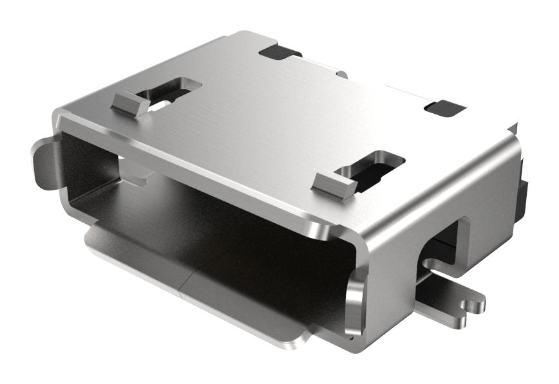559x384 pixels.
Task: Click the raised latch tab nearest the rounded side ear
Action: pyautogui.click(x=131, y=103)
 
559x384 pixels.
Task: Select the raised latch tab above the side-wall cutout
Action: pyautogui.click(x=334, y=185)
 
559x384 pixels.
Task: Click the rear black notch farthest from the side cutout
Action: pyautogui.click(x=280, y=51)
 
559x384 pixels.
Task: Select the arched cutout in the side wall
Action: pyautogui.click(x=444, y=244)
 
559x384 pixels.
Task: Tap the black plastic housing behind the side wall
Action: pyautogui.click(x=523, y=193)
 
